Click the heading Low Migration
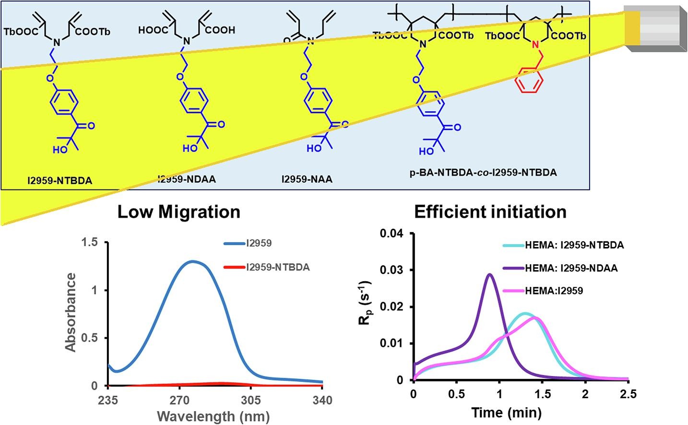click(x=178, y=212)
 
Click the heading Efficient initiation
click(x=490, y=212)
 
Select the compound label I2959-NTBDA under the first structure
click(x=59, y=181)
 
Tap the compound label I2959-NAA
click(x=307, y=179)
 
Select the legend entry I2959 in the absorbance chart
click(x=259, y=243)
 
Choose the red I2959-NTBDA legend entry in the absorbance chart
click(x=278, y=267)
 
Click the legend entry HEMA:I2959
click(x=554, y=290)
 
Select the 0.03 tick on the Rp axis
click(x=391, y=270)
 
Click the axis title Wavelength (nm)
click(x=214, y=415)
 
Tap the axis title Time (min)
click(x=506, y=412)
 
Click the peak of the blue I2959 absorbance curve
click(x=192, y=261)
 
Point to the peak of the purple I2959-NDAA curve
click(x=489, y=274)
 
